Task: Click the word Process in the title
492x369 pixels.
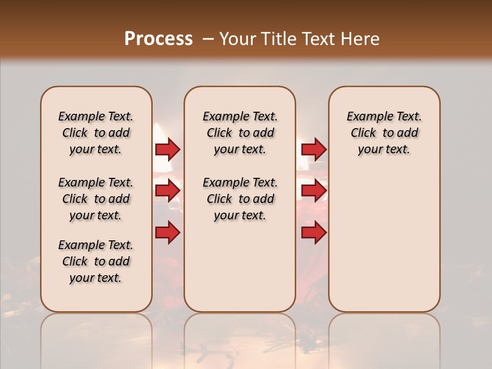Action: [158, 38]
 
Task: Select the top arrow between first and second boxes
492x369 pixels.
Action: [167, 149]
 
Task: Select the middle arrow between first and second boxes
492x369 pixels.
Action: [167, 191]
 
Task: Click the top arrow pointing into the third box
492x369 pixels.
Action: [314, 149]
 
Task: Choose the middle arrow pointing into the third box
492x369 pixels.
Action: [314, 191]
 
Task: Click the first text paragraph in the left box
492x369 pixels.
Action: [96, 133]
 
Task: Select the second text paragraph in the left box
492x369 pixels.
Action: [96, 199]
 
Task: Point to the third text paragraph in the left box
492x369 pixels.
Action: [96, 261]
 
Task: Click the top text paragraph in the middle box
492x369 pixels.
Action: [240, 133]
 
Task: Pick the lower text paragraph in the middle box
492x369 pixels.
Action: [240, 199]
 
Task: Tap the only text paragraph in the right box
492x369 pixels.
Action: [384, 133]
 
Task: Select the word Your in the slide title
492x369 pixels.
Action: [237, 38]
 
